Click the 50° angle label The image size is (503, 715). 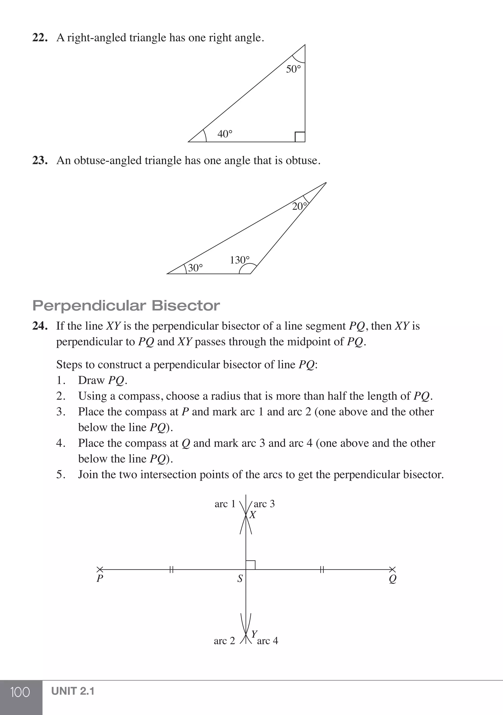293,69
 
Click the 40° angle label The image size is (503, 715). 225,134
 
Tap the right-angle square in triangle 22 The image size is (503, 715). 300,137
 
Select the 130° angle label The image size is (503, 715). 240,260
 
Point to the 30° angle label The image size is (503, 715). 196,268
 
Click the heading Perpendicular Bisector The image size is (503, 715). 126,306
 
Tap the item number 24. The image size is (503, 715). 40,326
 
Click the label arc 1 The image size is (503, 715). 225,504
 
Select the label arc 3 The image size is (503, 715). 264,504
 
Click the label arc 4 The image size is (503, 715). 267,641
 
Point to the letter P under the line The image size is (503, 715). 100,579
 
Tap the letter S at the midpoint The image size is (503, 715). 240,579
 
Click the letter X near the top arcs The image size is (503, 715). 253,515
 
